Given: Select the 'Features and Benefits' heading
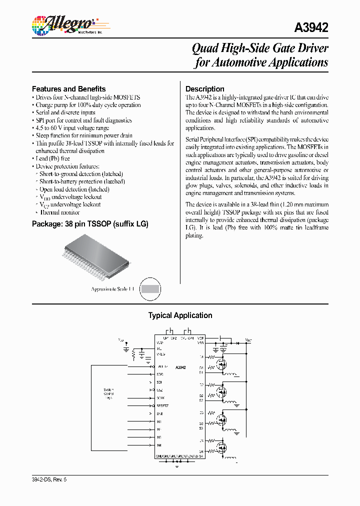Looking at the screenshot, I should (x=68, y=89).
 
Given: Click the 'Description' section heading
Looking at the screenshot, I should (x=204, y=89).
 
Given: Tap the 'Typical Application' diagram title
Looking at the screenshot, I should (x=180, y=315).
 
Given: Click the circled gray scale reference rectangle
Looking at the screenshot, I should (x=150, y=288).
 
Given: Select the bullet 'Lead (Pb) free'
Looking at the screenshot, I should (x=52, y=158).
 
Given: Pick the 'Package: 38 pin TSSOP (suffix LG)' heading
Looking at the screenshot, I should (x=90, y=224).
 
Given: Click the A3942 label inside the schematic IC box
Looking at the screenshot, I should (x=180, y=367).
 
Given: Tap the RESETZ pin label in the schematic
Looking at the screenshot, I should (x=162, y=405).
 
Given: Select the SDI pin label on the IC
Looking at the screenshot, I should (x=159, y=382).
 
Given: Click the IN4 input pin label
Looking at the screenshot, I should (x=159, y=445).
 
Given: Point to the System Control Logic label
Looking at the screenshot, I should (x=108, y=393).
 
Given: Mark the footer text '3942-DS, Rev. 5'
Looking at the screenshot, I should (x=49, y=479).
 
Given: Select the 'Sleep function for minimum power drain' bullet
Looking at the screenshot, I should (x=84, y=135).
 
